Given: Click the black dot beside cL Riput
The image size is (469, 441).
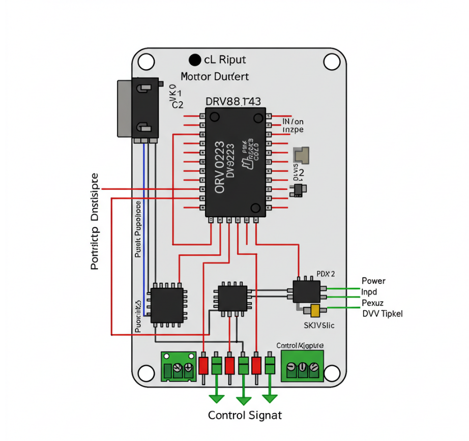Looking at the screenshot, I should pyautogui.click(x=194, y=60).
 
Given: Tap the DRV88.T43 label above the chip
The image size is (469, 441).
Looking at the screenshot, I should pyautogui.click(x=233, y=102).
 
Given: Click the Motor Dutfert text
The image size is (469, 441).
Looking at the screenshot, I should pyautogui.click(x=215, y=77).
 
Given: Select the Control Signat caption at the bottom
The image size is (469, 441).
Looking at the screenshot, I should pyautogui.click(x=245, y=415).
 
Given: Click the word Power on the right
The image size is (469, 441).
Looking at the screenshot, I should pyautogui.click(x=373, y=281).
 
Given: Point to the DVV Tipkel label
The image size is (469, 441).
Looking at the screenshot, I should pyautogui.click(x=382, y=314).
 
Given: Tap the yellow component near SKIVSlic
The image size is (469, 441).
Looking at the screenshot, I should pyautogui.click(x=315, y=310).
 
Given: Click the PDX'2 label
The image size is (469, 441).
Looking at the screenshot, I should pyautogui.click(x=326, y=274).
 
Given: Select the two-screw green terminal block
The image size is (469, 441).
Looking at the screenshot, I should pyautogui.click(x=179, y=366).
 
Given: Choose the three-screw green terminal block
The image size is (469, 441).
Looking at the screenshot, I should pyautogui.click(x=303, y=366).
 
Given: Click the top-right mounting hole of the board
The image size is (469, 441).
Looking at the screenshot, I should pyautogui.click(x=332, y=62).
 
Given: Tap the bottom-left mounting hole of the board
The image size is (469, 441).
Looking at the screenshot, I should pyautogui.click(x=147, y=373).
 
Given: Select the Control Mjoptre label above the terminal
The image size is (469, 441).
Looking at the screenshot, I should pyautogui.click(x=300, y=345).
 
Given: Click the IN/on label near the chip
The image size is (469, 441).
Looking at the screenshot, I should pyautogui.click(x=292, y=122).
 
